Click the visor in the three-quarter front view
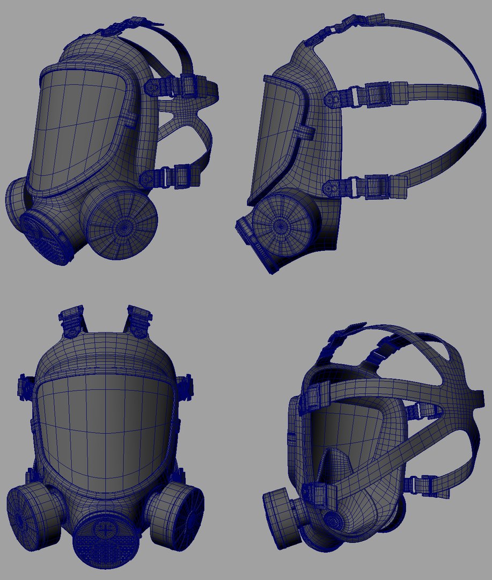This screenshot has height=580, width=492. point(80,129)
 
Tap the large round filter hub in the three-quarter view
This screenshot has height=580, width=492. point(122,226)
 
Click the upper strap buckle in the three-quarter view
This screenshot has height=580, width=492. point(177,86)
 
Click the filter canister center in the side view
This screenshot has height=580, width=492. point(280,226)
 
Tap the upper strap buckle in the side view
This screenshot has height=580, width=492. point(370,93)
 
